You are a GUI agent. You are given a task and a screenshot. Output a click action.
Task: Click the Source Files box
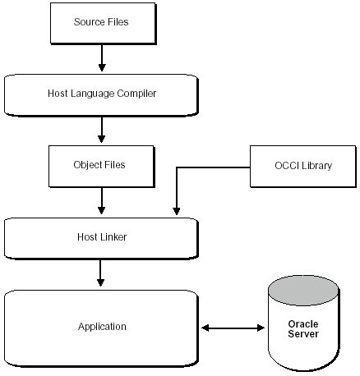(x=101, y=22)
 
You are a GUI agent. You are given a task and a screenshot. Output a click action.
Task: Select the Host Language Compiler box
(x=101, y=94)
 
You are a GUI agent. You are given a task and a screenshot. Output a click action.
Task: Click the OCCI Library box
(x=303, y=165)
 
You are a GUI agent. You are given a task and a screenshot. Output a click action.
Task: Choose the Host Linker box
(x=101, y=237)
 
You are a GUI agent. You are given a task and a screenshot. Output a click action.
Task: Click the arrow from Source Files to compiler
(x=101, y=57)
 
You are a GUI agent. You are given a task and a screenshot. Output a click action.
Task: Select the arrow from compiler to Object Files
(x=101, y=129)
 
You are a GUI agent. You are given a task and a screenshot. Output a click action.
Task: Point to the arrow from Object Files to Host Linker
(x=101, y=200)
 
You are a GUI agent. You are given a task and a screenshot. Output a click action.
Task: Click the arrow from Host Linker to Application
(x=101, y=273)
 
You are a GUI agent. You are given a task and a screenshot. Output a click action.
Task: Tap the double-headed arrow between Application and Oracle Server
(x=233, y=328)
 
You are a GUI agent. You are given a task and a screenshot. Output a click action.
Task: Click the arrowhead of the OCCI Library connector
(x=175, y=211)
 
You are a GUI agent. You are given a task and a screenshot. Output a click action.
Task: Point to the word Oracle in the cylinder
(x=303, y=323)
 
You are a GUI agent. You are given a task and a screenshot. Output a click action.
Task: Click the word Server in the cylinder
(x=303, y=334)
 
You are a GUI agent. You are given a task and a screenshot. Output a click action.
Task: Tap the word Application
(x=102, y=327)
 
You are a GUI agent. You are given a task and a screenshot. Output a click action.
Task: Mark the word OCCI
(x=287, y=165)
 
